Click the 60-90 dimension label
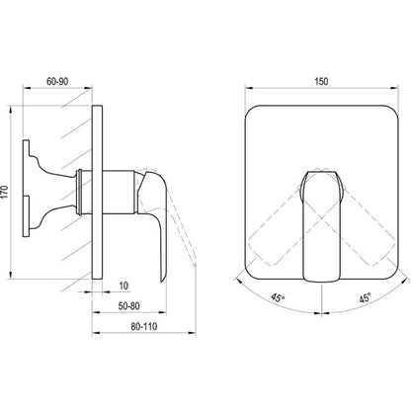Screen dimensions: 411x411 click(57, 81)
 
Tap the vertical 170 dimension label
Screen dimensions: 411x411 click(4, 192)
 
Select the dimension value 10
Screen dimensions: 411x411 click(123, 286)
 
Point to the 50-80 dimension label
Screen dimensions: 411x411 click(128, 306)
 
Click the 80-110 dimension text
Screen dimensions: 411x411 click(144, 326)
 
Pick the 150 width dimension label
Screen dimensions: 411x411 click(321, 81)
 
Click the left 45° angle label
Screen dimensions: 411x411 click(278, 297)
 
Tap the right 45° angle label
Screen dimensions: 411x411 click(365, 297)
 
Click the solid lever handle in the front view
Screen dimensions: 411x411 click(321, 225)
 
